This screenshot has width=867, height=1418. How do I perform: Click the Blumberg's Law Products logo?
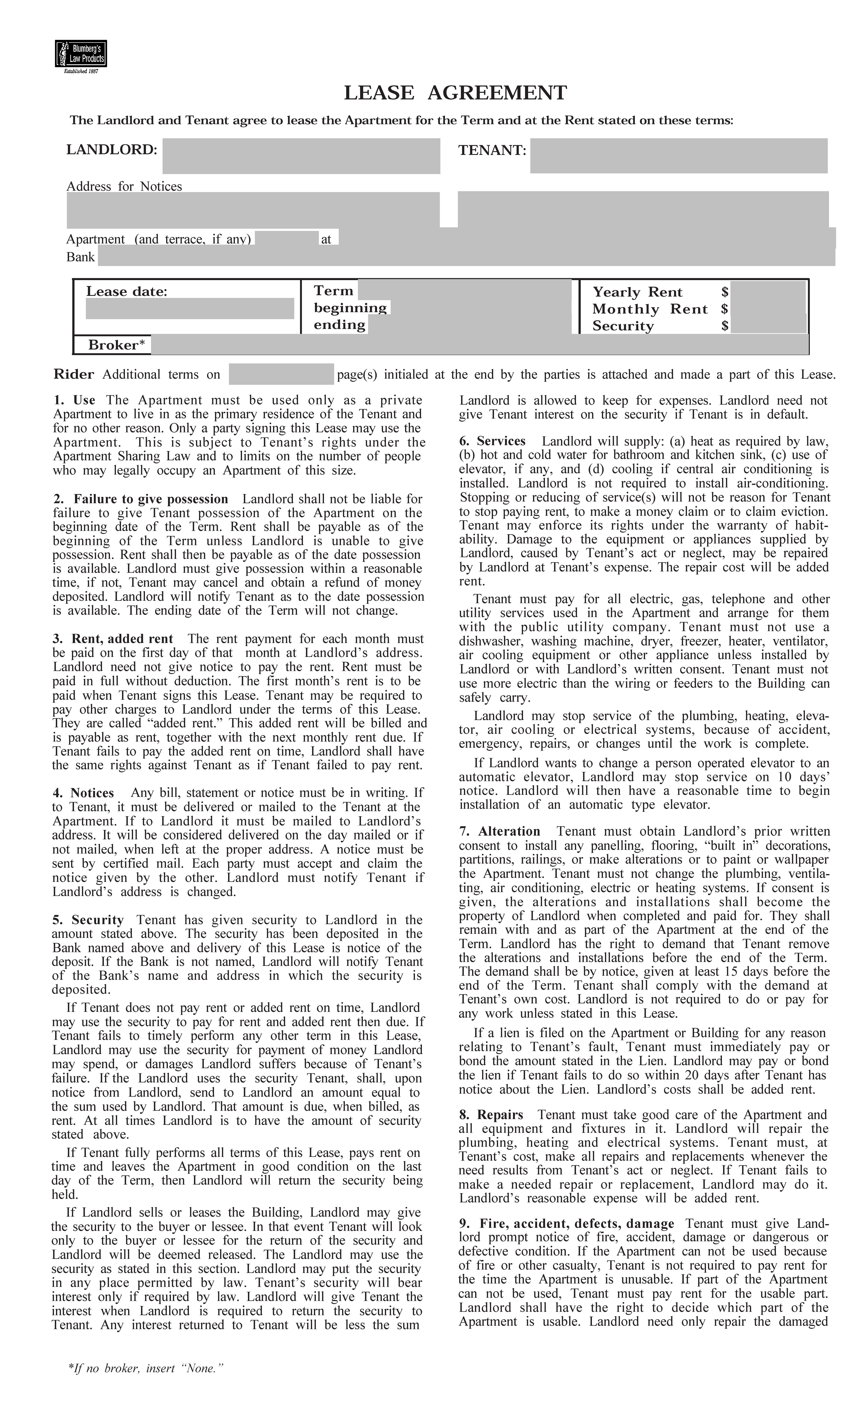[x=81, y=54]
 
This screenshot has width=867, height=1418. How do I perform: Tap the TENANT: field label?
[x=492, y=151]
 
